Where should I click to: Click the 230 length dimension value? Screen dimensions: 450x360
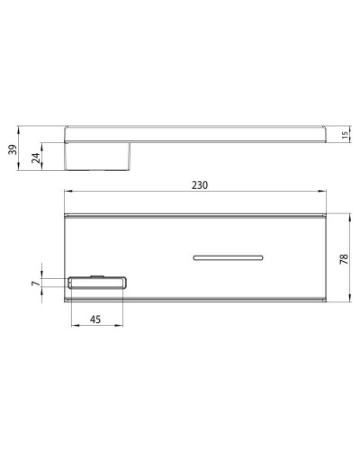point(200,186)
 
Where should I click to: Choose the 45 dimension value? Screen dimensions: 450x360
point(94,317)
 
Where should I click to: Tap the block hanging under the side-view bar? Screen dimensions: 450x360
point(100,157)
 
